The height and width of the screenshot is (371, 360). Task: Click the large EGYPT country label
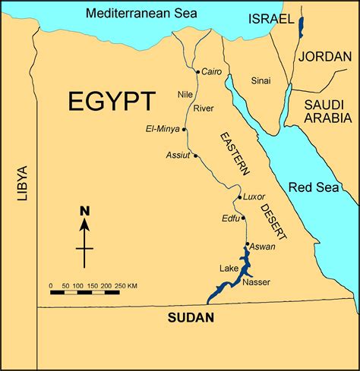tap(112, 102)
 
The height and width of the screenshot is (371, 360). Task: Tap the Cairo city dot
tap(197, 72)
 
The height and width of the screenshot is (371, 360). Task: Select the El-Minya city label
tap(162, 129)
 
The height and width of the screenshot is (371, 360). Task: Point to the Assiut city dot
tap(196, 156)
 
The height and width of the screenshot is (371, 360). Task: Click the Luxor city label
tap(254, 197)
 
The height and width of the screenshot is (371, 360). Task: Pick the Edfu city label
tap(231, 219)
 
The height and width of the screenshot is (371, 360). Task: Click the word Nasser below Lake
tap(257, 283)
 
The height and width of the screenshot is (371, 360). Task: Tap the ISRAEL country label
tap(271, 19)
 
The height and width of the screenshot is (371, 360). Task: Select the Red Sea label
tap(312, 187)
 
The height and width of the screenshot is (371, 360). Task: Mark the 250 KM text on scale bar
tap(127, 285)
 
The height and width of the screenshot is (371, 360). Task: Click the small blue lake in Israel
tap(301, 28)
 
